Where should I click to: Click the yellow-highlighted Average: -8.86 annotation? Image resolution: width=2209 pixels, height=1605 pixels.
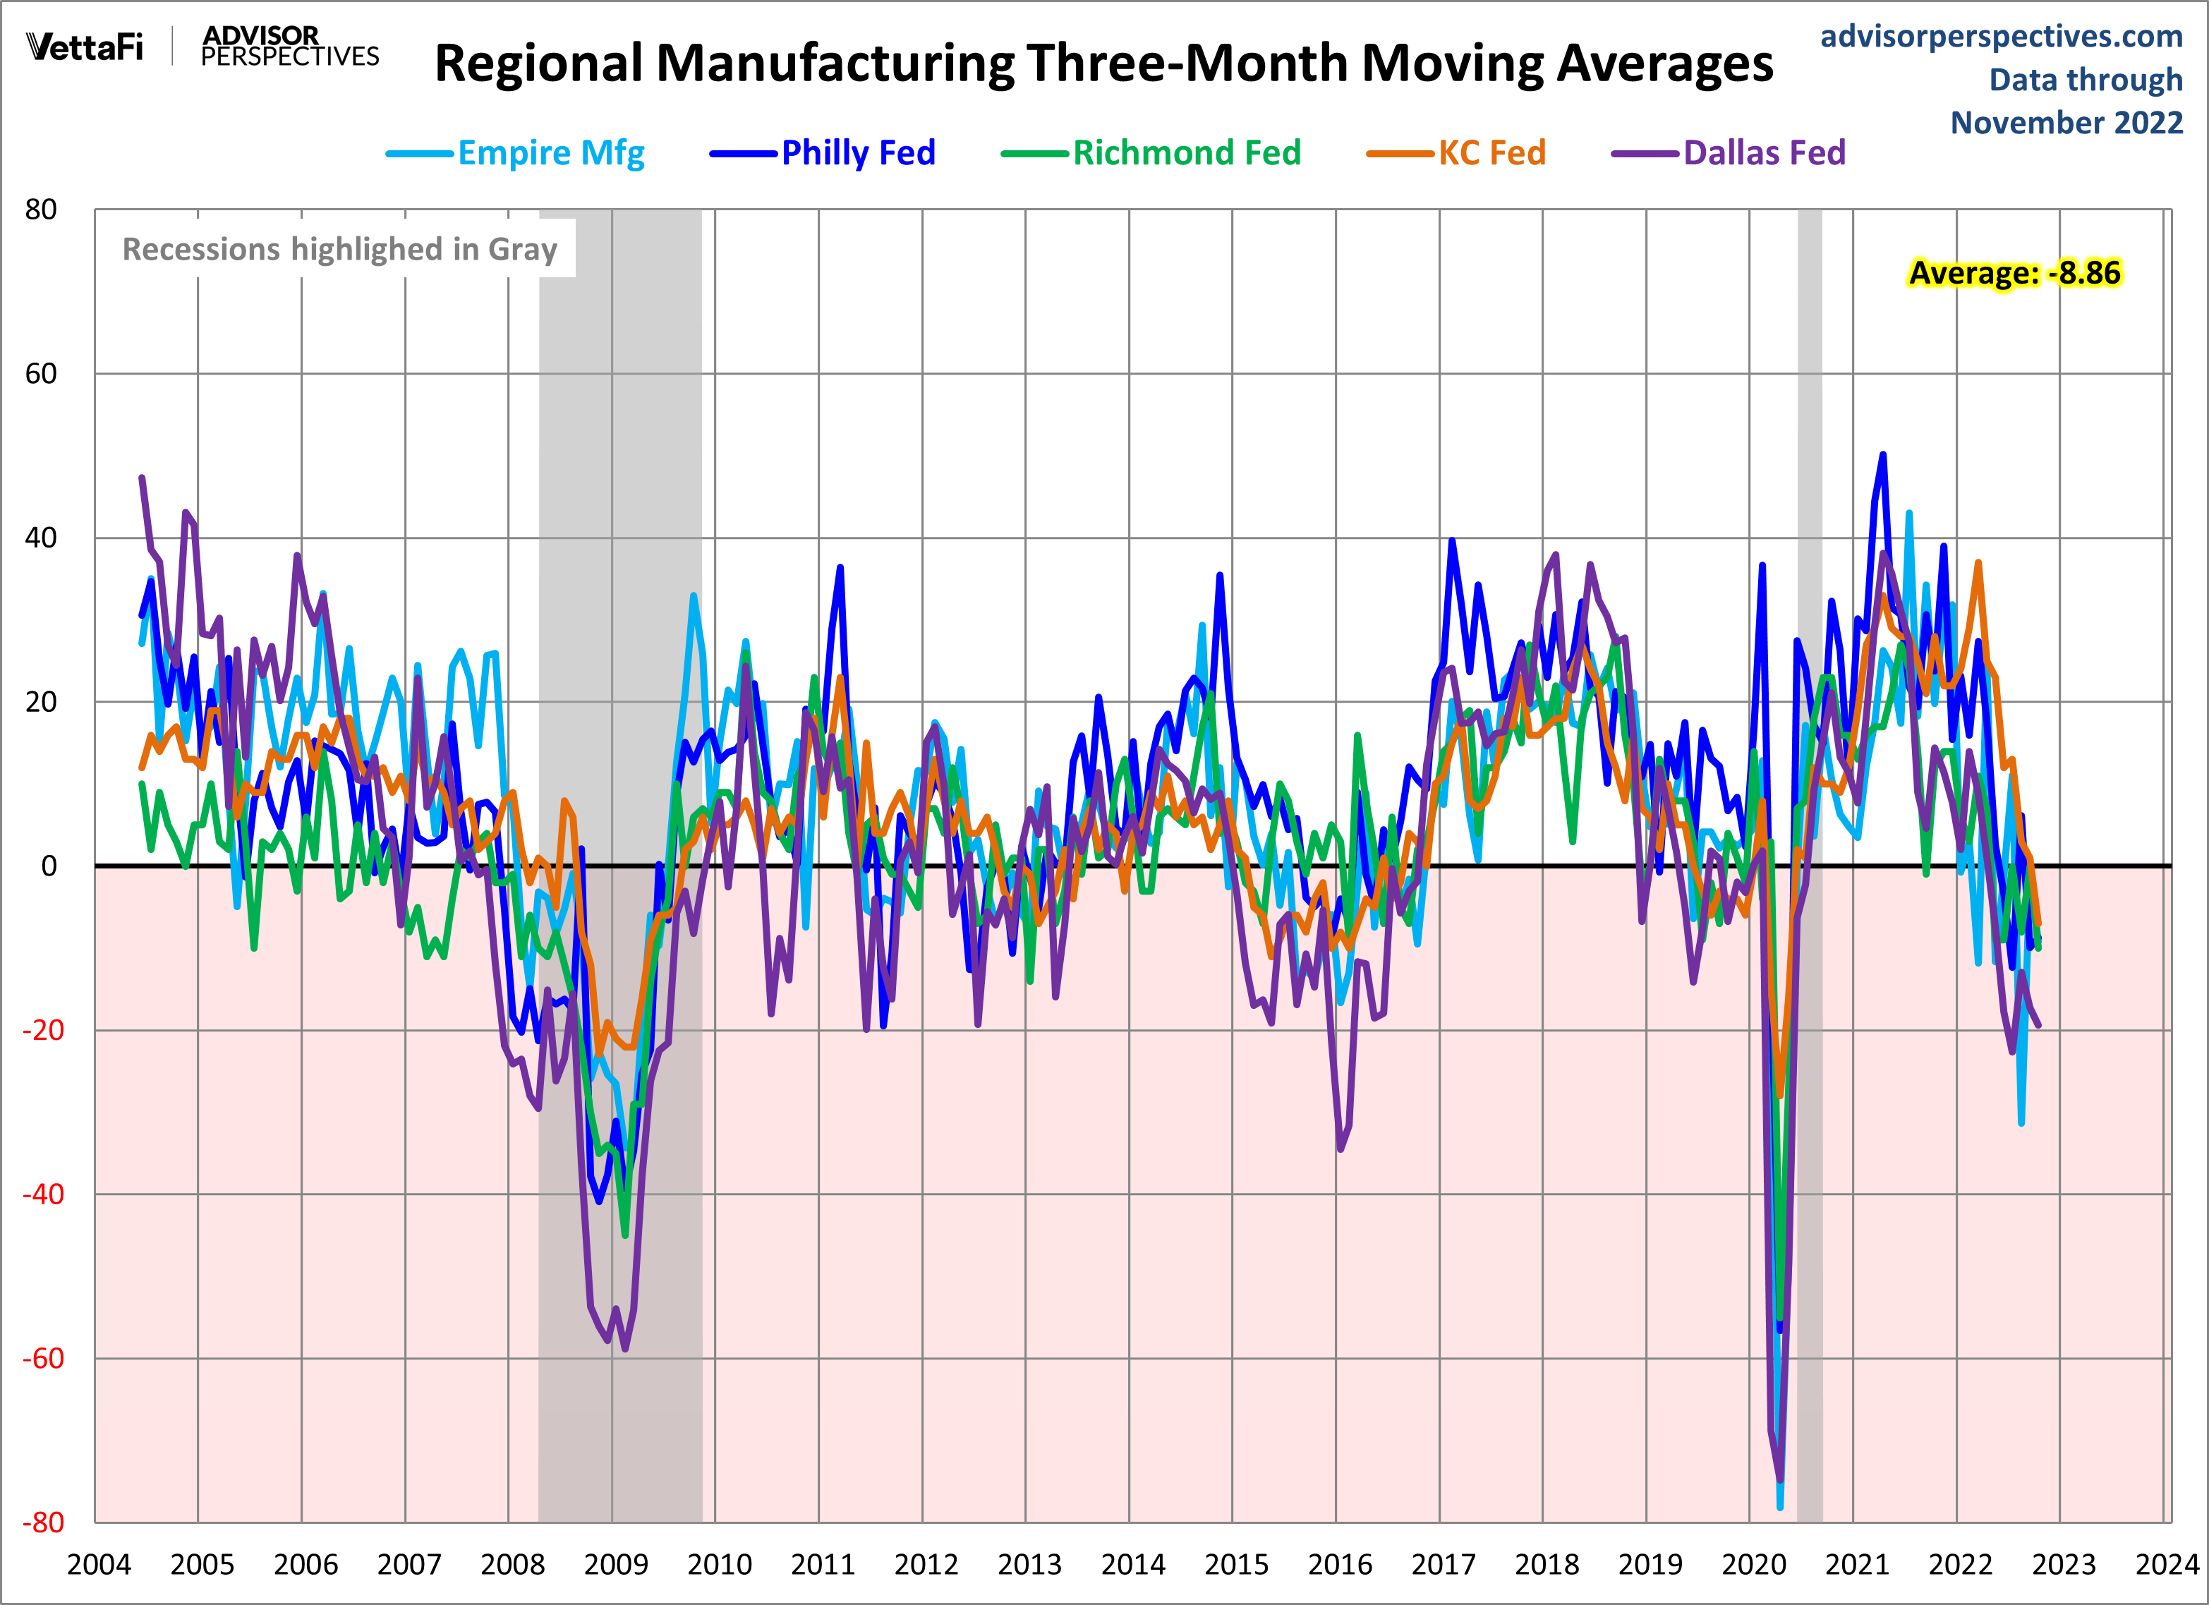pyautogui.click(x=2014, y=274)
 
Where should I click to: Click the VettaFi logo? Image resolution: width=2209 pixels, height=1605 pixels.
pyautogui.click(x=85, y=47)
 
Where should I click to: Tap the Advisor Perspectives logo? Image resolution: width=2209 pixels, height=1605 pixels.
pyautogui.click(x=289, y=47)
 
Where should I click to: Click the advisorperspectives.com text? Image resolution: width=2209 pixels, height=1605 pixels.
pyautogui.click(x=2001, y=36)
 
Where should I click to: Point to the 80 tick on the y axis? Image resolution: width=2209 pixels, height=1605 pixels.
pyautogui.click(x=41, y=210)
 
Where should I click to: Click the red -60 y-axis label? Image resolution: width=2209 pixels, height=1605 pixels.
pyautogui.click(x=42, y=1359)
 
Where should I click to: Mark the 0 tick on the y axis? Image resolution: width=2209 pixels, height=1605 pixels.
pyautogui.click(x=49, y=866)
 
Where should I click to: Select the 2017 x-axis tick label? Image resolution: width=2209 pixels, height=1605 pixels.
pyautogui.click(x=1443, y=1565)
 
